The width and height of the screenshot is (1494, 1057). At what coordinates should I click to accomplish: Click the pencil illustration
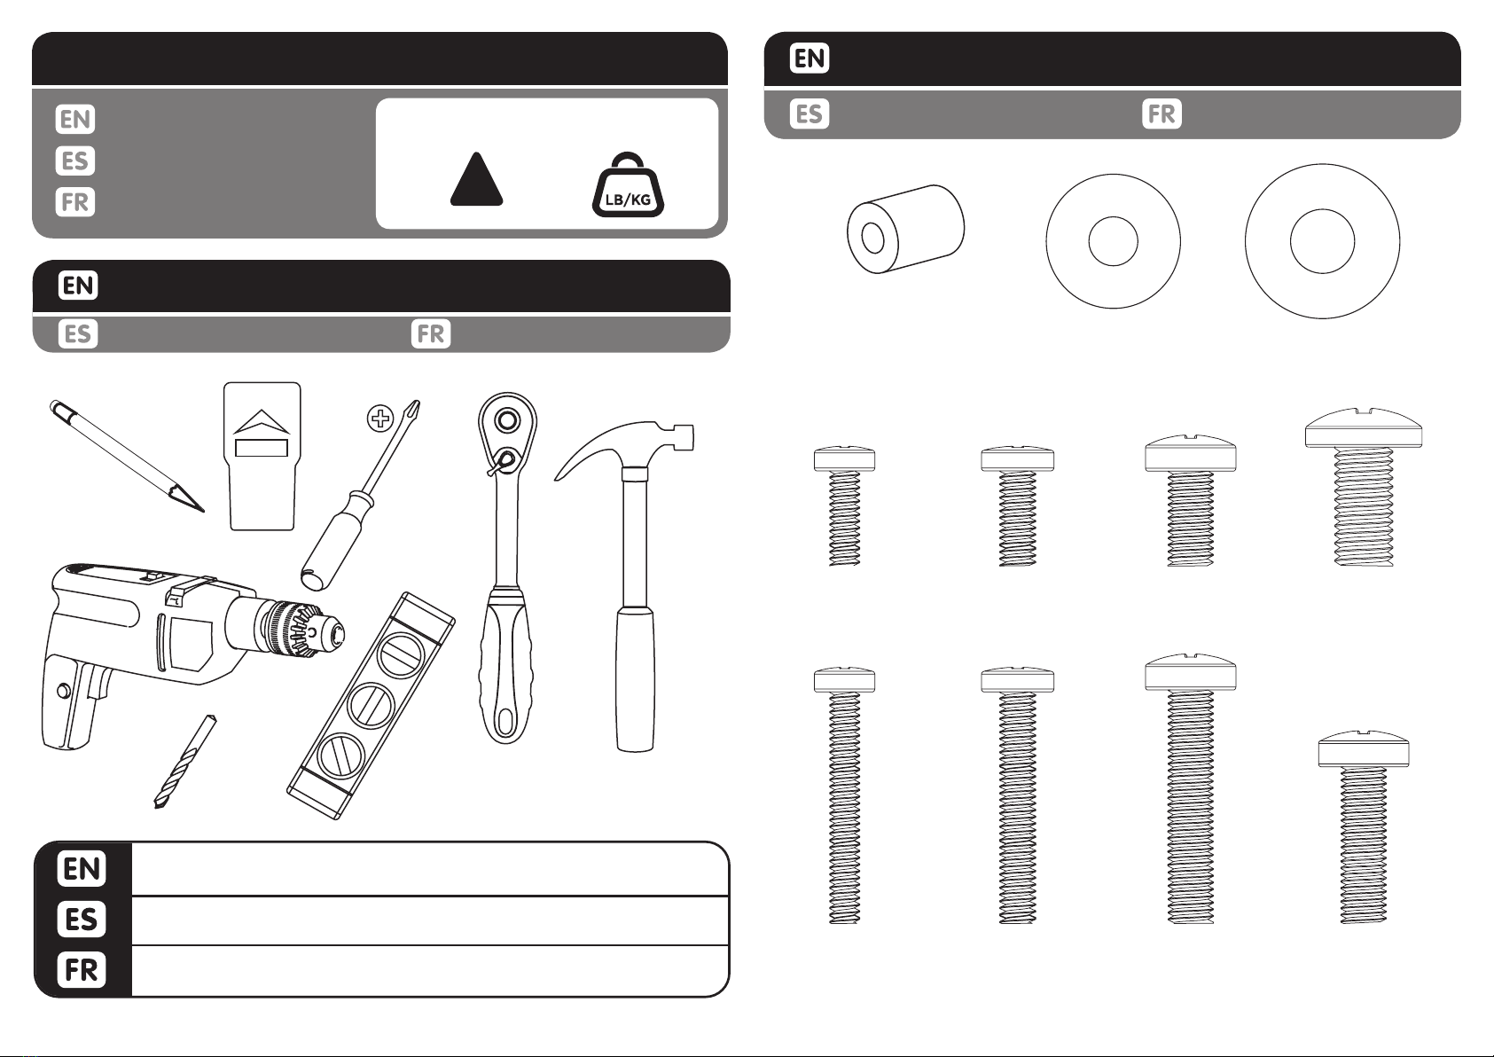click(127, 456)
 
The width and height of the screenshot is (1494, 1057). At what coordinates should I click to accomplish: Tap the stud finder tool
click(262, 456)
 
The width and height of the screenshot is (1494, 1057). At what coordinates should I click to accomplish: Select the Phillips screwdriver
click(361, 495)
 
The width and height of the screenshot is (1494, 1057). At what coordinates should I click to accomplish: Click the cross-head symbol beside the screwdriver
click(380, 419)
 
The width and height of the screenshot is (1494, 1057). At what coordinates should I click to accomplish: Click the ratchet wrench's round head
click(507, 422)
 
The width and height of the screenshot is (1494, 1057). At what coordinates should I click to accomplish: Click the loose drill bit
click(184, 762)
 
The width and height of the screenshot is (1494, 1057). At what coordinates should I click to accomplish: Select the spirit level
click(371, 706)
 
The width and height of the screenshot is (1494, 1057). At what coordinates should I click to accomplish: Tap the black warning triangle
click(476, 179)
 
